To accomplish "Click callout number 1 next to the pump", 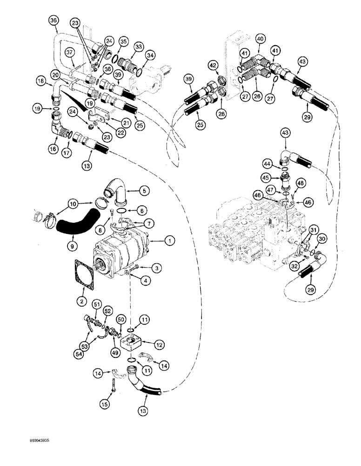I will [170, 240].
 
